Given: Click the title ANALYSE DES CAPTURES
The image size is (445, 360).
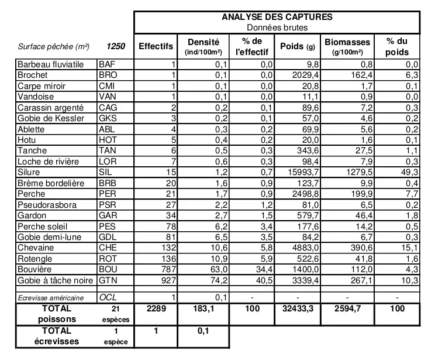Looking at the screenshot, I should click(277, 17).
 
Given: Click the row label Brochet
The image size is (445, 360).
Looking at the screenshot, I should click(33, 75).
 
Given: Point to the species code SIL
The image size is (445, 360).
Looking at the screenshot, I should click(105, 173).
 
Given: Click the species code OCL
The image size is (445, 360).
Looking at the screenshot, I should click(108, 297).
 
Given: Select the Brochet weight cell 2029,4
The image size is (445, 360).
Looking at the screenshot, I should click(303, 76).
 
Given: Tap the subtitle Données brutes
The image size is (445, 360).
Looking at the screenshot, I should click(277, 27).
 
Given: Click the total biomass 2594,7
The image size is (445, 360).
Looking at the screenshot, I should click(347, 308).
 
